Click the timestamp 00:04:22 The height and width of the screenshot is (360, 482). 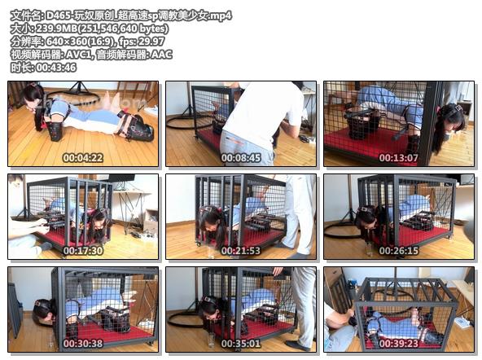pyautogui.click(x=83, y=158)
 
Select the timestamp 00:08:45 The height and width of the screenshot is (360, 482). pyautogui.click(x=241, y=158)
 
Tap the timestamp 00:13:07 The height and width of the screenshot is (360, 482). pyautogui.click(x=399, y=158)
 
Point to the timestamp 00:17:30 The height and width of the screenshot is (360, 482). pyautogui.click(x=83, y=251)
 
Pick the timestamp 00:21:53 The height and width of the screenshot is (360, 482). pyautogui.click(x=241, y=251)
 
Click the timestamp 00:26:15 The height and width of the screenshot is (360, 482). pyautogui.click(x=399, y=251)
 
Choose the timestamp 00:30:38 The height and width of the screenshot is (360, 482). pyautogui.click(x=83, y=344)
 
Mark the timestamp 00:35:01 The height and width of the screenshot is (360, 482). pyautogui.click(x=241, y=344)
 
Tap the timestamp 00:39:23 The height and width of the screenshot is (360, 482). pyautogui.click(x=399, y=344)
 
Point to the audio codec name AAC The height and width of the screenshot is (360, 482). pyautogui.click(x=162, y=55)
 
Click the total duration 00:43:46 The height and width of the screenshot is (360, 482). pyautogui.click(x=56, y=68)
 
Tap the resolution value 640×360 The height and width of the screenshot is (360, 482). pyautogui.click(x=66, y=42)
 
